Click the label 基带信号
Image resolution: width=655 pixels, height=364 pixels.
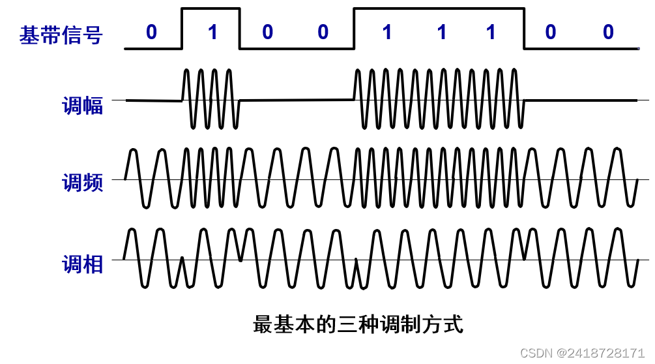tap(61, 35)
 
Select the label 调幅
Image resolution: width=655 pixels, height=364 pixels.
tap(83, 106)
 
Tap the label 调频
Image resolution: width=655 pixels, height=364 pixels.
tap(83, 183)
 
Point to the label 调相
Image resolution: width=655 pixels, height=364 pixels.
tap(83, 264)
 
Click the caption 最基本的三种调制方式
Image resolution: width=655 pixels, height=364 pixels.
tap(358, 324)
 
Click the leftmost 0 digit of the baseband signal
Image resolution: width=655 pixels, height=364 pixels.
tap(151, 32)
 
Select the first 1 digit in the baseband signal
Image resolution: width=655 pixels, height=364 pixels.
tap(212, 32)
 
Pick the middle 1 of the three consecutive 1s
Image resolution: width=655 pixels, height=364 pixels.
tap(442, 32)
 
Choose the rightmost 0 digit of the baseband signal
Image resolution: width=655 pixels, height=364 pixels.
tap(608, 32)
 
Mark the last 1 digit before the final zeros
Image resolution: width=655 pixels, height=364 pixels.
tap(491, 32)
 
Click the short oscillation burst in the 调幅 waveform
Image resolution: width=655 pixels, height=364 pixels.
tap(211, 99)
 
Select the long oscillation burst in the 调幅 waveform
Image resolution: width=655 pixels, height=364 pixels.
tap(439, 99)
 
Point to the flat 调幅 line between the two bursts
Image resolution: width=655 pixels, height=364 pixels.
tap(297, 100)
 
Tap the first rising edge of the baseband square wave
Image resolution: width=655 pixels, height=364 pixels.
tap(182, 29)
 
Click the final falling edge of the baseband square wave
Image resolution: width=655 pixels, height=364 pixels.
tap(525, 29)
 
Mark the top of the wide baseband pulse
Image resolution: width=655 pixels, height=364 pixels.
tap(439, 9)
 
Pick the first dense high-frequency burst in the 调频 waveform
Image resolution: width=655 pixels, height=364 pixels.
tap(211, 177)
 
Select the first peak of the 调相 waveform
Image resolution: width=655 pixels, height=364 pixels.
tap(132, 230)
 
